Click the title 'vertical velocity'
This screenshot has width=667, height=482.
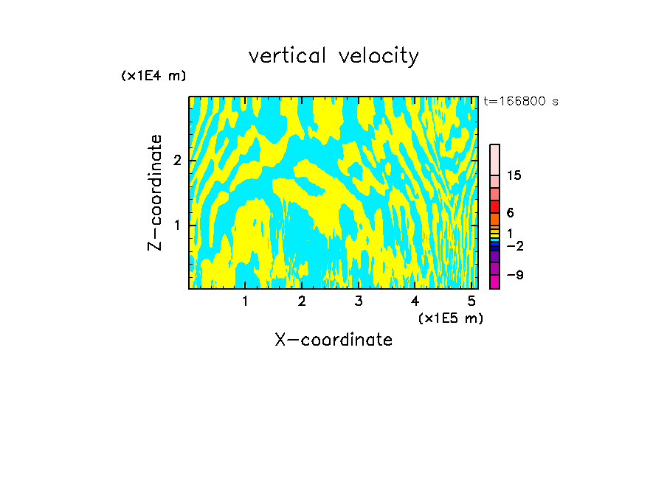[333, 56]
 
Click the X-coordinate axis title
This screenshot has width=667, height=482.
[333, 340]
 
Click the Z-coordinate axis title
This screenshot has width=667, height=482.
[155, 192]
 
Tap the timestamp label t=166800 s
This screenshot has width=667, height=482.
[521, 102]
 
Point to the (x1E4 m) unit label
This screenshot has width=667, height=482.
[153, 76]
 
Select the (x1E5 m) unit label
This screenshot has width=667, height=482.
[450, 318]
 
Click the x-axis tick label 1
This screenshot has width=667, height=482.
[245, 301]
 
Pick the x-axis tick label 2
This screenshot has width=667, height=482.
[302, 301]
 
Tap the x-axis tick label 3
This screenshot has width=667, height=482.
[359, 301]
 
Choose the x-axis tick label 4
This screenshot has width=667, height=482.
[415, 301]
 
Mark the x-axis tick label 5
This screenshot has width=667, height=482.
[471, 301]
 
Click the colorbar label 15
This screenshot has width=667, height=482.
[514, 175]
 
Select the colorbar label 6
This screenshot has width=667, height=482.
[511, 212]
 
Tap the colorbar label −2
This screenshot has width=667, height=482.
[514, 246]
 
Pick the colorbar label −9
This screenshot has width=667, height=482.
[514, 275]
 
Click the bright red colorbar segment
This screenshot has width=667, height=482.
[494, 206]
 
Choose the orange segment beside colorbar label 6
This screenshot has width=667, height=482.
[494, 219]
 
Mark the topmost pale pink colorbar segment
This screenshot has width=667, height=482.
[494, 159]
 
